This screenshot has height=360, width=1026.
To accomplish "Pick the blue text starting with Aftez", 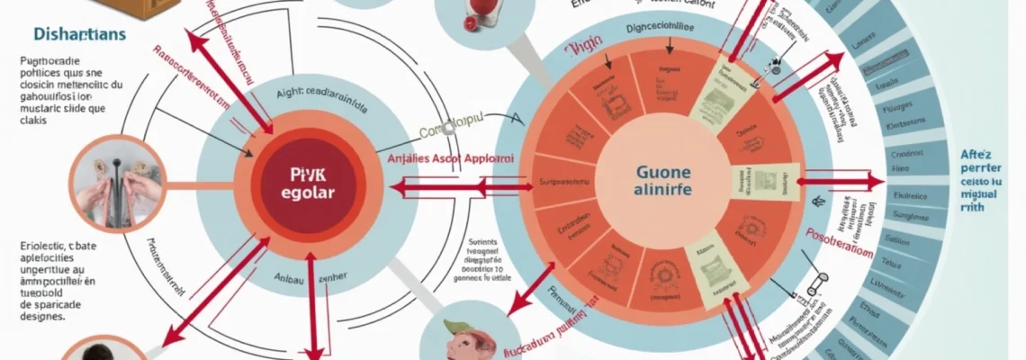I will click(x=988, y=180).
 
